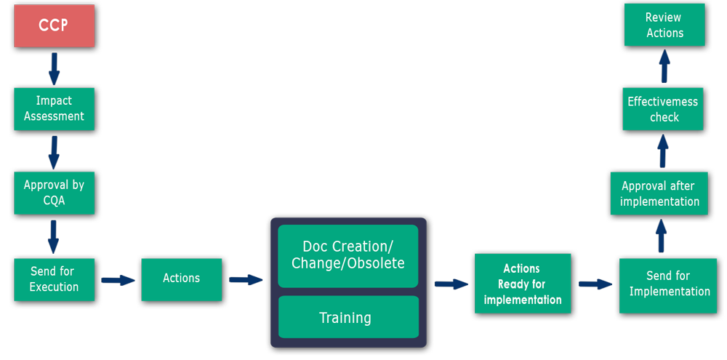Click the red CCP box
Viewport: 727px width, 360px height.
pyautogui.click(x=55, y=25)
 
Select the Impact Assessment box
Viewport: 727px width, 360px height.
pyautogui.click(x=55, y=109)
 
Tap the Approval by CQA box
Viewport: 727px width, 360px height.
pyautogui.click(x=55, y=193)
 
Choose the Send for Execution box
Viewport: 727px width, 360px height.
pyautogui.click(x=55, y=279)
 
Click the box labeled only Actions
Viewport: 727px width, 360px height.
pyautogui.click(x=181, y=279)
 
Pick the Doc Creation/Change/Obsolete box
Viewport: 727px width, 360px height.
pyautogui.click(x=348, y=256)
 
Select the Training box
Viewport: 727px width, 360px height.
pyautogui.click(x=348, y=317)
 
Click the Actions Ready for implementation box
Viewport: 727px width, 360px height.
pyautogui.click(x=523, y=284)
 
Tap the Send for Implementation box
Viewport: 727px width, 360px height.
pyautogui.click(x=668, y=285)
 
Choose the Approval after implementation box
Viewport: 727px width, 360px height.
pyautogui.click(x=659, y=193)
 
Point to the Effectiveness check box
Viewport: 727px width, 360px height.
pyautogui.click(x=663, y=109)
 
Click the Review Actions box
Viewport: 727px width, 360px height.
pyautogui.click(x=664, y=25)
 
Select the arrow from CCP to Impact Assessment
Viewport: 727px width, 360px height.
pyautogui.click(x=55, y=68)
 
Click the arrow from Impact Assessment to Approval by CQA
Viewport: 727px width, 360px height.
pyautogui.click(x=55, y=153)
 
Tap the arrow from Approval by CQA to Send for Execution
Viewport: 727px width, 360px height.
pyautogui.click(x=54, y=237)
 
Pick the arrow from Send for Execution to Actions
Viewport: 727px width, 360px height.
pyautogui.click(x=118, y=280)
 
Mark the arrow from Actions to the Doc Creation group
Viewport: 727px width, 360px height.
pyautogui.click(x=246, y=280)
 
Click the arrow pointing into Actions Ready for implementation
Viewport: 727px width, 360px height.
pyautogui.click(x=451, y=284)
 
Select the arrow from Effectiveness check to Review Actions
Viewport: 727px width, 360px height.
pyautogui.click(x=664, y=66)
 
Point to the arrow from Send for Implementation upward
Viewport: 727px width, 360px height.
pyautogui.click(x=662, y=236)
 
